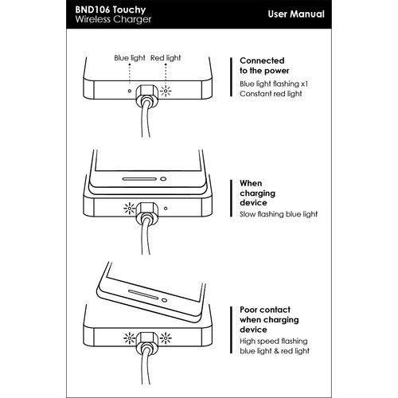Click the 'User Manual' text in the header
click(x=296, y=14)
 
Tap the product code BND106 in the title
click(x=91, y=10)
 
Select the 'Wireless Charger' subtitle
click(x=113, y=19)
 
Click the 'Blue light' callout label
click(x=130, y=58)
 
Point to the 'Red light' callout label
click(x=166, y=58)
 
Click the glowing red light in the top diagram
click(x=166, y=91)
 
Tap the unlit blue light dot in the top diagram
click(x=130, y=91)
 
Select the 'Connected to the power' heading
click(x=264, y=65)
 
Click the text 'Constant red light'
click(x=271, y=94)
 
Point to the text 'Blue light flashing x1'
click(x=274, y=84)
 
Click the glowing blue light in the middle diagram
click(x=130, y=209)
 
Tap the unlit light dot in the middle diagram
click(x=166, y=209)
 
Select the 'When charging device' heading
click(x=257, y=193)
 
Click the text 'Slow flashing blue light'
click(x=279, y=214)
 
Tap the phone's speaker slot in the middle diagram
click(x=139, y=179)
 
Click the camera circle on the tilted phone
click(x=164, y=300)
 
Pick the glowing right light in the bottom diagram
click(x=166, y=338)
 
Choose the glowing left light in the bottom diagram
click(x=130, y=338)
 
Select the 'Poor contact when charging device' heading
click(x=269, y=319)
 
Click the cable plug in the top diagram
click(x=147, y=96)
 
